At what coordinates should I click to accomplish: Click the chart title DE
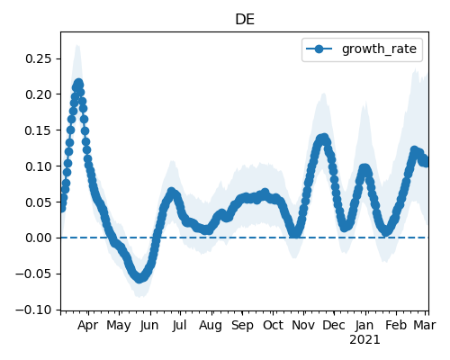tap(245, 20)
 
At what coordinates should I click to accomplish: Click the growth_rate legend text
tap(379, 49)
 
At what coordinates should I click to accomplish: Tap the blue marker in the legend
tap(319, 49)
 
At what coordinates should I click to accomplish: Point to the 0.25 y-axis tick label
tap(39, 58)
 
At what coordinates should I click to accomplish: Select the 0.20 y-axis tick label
tap(39, 94)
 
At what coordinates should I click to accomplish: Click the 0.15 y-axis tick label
tap(39, 130)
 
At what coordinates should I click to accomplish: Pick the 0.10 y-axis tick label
tap(39, 166)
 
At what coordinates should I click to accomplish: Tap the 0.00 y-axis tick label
tap(39, 238)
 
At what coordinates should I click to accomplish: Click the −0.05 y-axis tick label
tap(34, 274)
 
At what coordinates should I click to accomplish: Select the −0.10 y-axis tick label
tap(34, 310)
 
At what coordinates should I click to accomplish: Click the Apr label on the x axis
tap(87, 326)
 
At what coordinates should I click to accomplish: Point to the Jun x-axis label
tap(149, 326)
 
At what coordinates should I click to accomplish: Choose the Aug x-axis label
tap(211, 326)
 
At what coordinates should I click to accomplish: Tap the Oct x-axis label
tap(273, 325)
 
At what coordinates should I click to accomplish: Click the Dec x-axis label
tap(334, 325)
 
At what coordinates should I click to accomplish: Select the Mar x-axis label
tap(425, 325)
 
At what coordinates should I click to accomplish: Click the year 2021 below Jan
tap(364, 340)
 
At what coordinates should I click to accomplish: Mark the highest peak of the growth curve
tap(78, 83)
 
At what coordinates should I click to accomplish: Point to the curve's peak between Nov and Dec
tap(324, 138)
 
